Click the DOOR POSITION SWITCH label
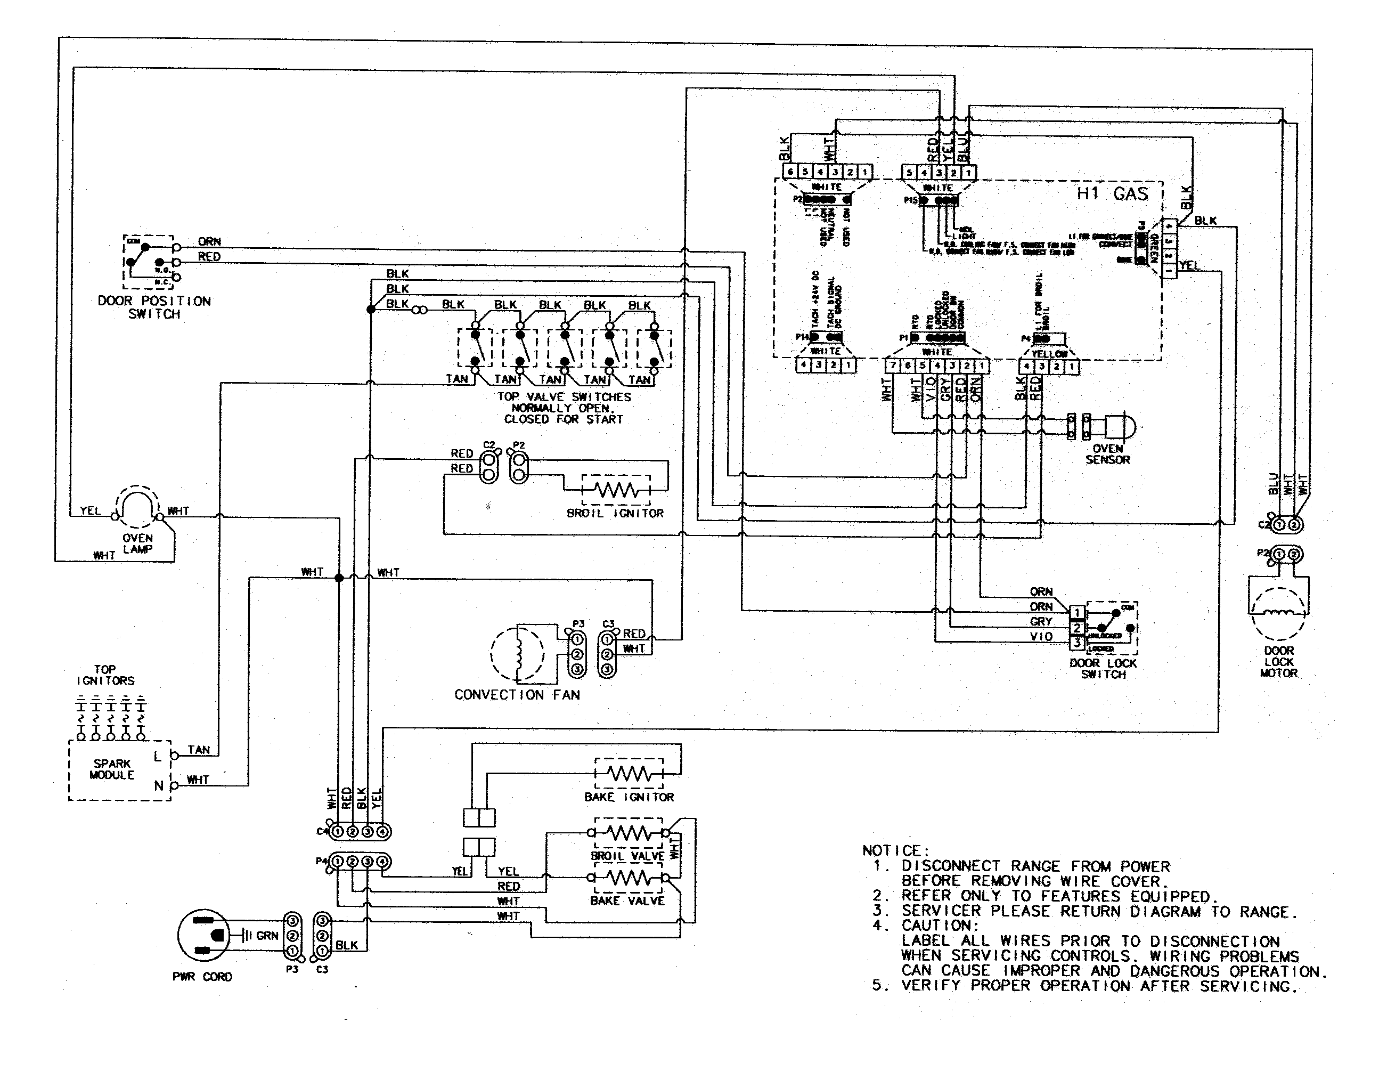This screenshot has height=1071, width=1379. point(154,307)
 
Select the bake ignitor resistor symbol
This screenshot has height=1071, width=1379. point(629,774)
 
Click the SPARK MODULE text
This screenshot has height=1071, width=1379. point(112,769)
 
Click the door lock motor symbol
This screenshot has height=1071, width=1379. point(1278,613)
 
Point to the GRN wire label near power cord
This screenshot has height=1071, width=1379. point(267,935)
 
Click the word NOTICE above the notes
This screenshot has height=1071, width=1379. point(895,850)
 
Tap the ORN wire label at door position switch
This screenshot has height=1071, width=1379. point(209,241)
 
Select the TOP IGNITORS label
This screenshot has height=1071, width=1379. point(105,675)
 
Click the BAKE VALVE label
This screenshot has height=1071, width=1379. point(626,900)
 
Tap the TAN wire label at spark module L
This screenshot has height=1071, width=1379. point(198,750)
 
